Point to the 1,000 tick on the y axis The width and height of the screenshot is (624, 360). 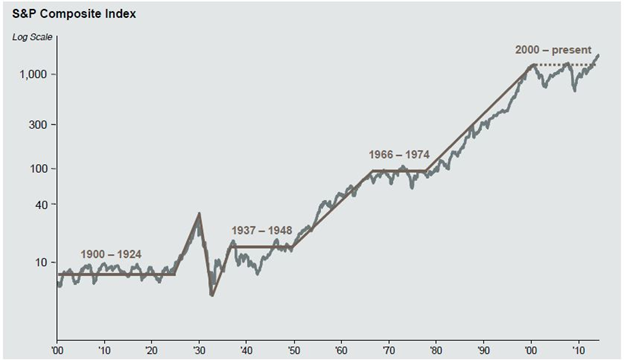[x=34, y=75]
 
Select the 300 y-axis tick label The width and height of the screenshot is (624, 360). [x=39, y=125]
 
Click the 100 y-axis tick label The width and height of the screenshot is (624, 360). [x=39, y=168]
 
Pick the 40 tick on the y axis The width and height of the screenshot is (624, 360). [x=42, y=205]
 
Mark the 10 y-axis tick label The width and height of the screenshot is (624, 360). [x=42, y=262]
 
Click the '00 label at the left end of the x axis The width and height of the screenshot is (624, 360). [x=57, y=351]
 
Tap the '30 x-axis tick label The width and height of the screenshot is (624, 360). [x=199, y=351]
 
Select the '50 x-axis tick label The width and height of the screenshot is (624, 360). [x=294, y=351]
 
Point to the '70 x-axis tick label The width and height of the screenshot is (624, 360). [x=389, y=351]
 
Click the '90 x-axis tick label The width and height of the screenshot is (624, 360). [x=484, y=351]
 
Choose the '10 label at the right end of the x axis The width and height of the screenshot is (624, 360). [x=578, y=351]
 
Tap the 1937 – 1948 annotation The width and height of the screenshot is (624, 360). [x=262, y=231]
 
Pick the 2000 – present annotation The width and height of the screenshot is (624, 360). [x=553, y=50]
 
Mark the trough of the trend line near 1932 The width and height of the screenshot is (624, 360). [x=212, y=294]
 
